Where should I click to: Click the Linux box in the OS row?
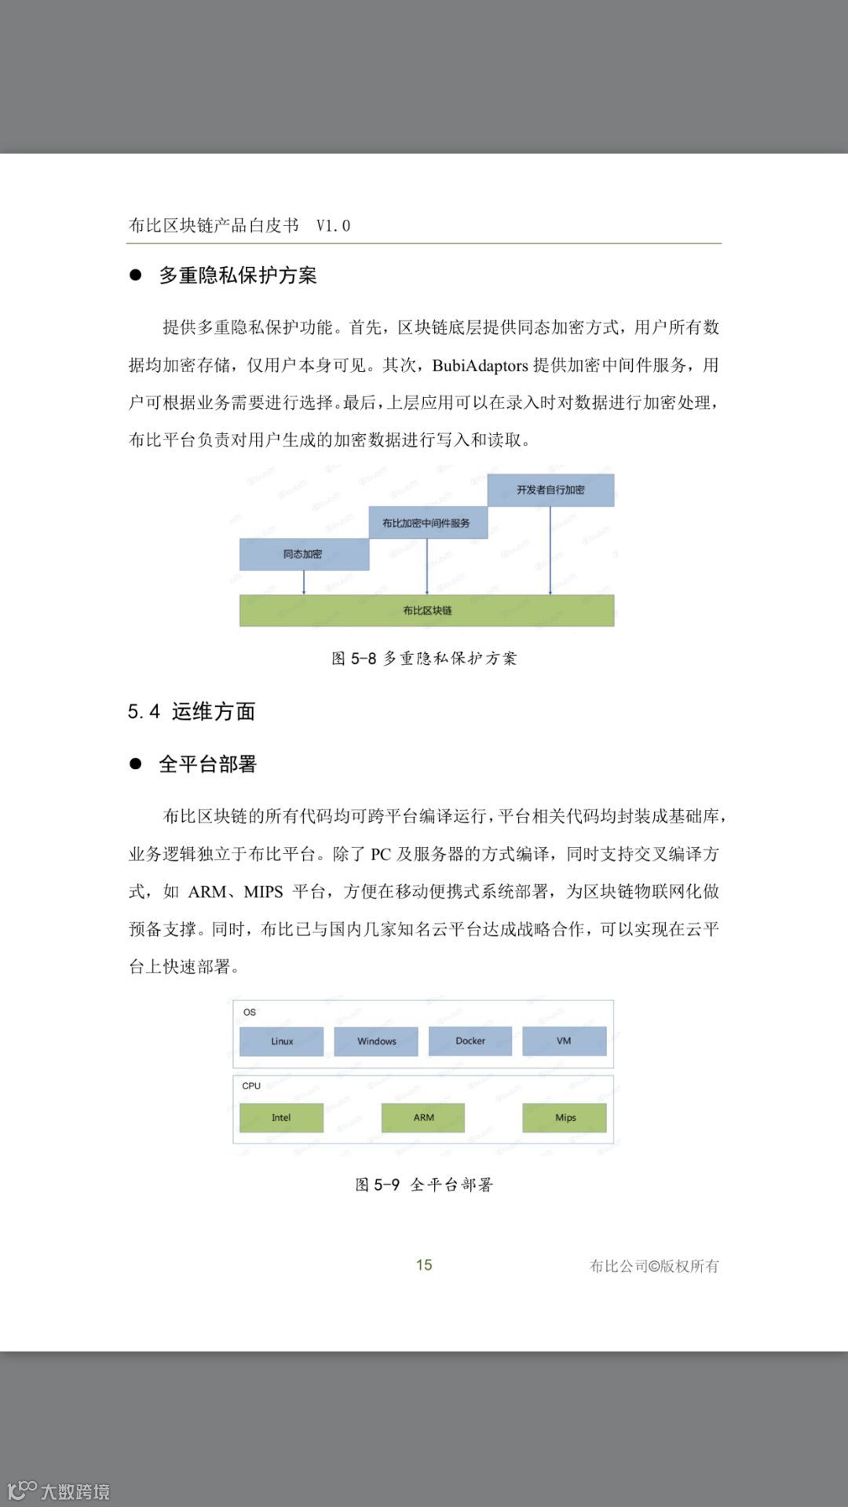281,1041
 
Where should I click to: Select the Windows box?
376,1041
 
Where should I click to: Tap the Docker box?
470,1041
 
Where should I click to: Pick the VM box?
564,1041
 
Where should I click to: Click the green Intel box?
281,1118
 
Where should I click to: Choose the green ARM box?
423,1118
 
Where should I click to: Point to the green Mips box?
565,1118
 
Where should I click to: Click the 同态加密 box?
304,554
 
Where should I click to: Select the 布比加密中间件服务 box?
427,523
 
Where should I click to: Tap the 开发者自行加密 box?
550,490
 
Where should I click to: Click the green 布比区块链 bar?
426,610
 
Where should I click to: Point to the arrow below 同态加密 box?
304,582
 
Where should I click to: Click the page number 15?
424,1264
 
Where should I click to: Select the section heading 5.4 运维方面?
192,711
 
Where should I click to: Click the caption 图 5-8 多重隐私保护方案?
424,658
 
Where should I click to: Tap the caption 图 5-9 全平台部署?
424,1184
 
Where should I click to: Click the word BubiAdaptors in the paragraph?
480,365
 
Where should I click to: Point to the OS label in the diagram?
250,1012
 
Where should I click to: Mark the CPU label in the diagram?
251,1086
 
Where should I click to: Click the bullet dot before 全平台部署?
136,764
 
